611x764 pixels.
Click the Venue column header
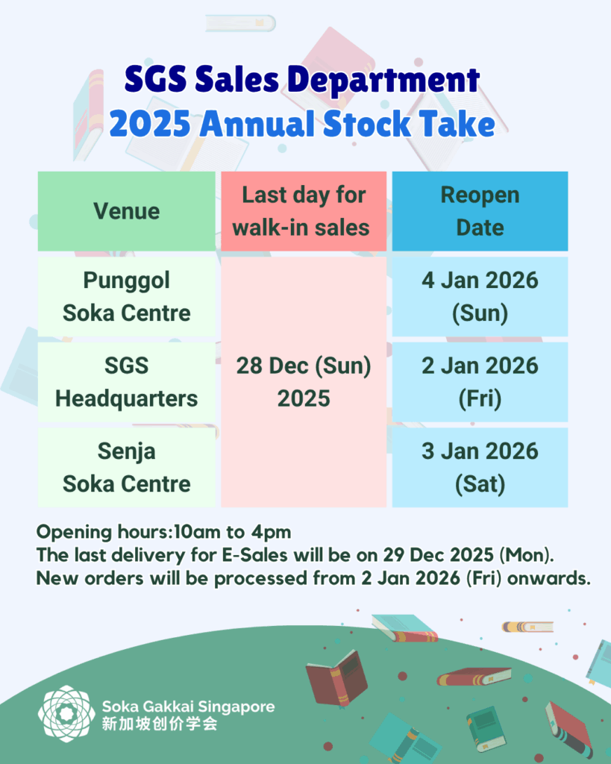point(126,211)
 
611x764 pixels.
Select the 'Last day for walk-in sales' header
point(304,211)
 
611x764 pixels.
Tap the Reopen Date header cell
point(480,211)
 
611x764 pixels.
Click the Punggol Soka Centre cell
point(126,296)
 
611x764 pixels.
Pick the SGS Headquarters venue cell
point(126,382)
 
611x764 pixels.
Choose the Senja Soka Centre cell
point(126,467)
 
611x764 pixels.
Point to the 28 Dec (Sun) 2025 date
point(304,382)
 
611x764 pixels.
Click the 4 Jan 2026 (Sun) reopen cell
point(480,296)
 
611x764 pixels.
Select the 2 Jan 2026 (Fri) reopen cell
point(480,382)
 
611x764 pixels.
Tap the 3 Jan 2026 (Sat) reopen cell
point(480,467)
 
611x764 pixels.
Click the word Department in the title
point(383,80)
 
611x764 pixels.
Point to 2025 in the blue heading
point(150,124)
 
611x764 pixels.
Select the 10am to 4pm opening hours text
point(233,531)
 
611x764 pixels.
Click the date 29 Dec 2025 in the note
point(439,555)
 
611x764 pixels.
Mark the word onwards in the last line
point(548,578)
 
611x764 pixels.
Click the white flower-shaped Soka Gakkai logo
point(66,713)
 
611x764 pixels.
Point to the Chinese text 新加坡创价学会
point(160,724)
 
